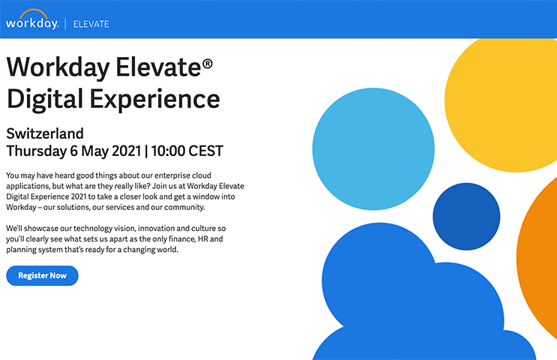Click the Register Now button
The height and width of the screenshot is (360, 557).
[x=42, y=275]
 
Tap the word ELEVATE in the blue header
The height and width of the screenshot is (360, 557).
[x=91, y=24]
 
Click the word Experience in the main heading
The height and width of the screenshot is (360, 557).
[x=155, y=99]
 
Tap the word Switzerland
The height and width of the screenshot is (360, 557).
[x=44, y=133]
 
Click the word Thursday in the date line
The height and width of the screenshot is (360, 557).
[x=37, y=151]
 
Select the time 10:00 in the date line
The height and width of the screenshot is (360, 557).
[x=169, y=151]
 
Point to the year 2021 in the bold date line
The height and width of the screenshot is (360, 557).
[x=121, y=151]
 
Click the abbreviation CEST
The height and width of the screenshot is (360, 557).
[x=206, y=151]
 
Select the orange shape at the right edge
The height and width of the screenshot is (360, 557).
[x=544, y=255]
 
